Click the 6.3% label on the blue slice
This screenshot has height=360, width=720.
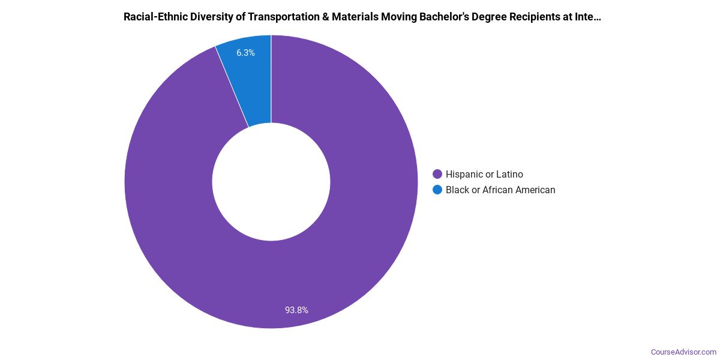click(x=245, y=53)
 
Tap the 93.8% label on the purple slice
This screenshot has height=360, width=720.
click(x=296, y=310)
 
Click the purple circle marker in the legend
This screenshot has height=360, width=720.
click(x=437, y=175)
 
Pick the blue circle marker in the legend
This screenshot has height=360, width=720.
click(x=437, y=190)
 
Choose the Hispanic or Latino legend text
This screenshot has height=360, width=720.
click(x=484, y=175)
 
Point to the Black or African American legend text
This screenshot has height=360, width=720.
click(x=500, y=190)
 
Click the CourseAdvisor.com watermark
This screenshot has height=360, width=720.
click(x=683, y=352)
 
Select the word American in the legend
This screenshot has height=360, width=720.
click(x=533, y=190)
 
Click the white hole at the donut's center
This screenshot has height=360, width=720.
click(x=271, y=182)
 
